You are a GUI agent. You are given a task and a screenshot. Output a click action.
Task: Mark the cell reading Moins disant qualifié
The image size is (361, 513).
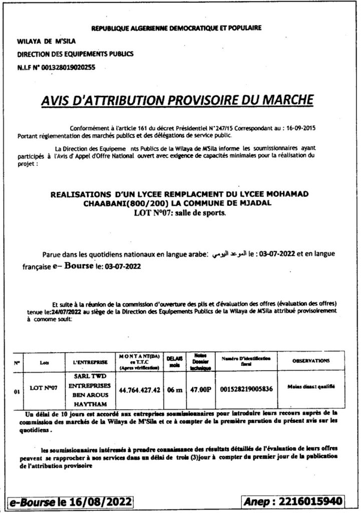point(311,386)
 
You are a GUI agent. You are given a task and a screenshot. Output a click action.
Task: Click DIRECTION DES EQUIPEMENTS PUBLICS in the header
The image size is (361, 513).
point(76,54)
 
